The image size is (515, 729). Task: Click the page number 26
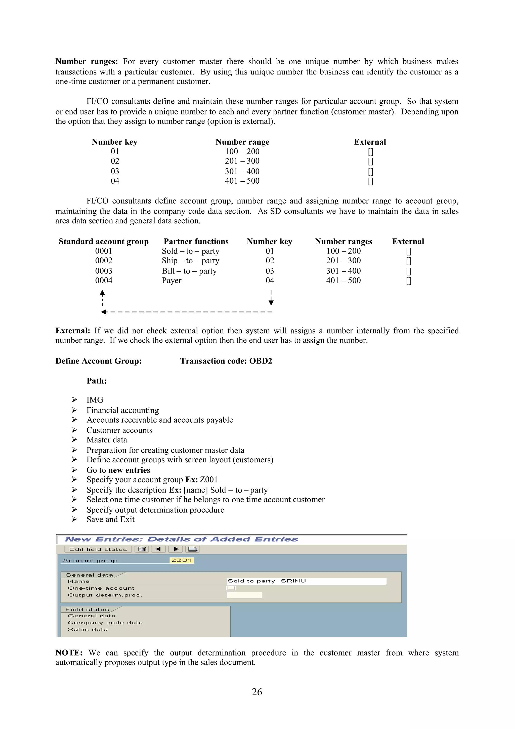point(257,692)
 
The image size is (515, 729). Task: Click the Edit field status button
point(98,549)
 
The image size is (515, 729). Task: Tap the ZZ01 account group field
point(182,560)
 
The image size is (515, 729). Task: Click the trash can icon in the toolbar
point(142,549)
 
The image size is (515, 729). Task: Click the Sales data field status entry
point(88,630)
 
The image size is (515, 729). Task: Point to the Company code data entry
point(105,623)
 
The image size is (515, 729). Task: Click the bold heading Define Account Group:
point(98,361)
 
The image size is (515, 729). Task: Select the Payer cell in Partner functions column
point(172,281)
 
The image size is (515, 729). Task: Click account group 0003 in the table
point(104,271)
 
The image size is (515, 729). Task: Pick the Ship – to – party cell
point(190,261)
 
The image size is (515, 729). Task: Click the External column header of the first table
point(370,142)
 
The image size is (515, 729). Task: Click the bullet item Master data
point(107,440)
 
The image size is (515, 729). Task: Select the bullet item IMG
point(95,400)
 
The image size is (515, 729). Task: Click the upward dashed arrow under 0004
point(102,297)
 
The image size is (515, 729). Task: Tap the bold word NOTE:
point(69,653)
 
